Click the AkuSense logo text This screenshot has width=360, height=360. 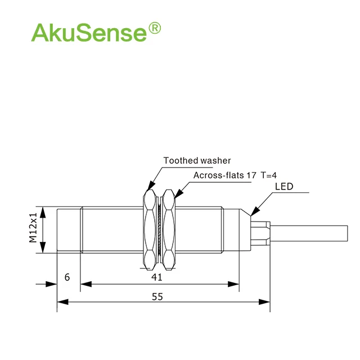(x=89, y=33)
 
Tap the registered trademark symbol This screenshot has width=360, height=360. (x=155, y=28)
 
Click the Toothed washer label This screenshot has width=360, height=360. (x=197, y=160)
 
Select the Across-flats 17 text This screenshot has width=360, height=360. (x=224, y=175)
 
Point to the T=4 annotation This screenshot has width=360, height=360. (x=269, y=175)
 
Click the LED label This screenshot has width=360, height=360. (x=284, y=186)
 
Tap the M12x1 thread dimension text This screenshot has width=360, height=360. (x=33, y=227)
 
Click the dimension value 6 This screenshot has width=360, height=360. (x=67, y=277)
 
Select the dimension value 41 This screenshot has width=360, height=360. (x=157, y=277)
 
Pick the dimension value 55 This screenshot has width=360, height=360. (x=157, y=296)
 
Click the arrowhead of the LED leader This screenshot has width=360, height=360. (x=255, y=211)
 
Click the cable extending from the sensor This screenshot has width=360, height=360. (x=309, y=233)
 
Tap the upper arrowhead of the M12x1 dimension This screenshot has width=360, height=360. (x=43, y=212)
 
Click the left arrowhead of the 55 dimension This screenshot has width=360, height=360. (x=62, y=302)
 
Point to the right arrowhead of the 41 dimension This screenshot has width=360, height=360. (x=233, y=284)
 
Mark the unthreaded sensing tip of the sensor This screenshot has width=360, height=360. (x=69, y=230)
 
